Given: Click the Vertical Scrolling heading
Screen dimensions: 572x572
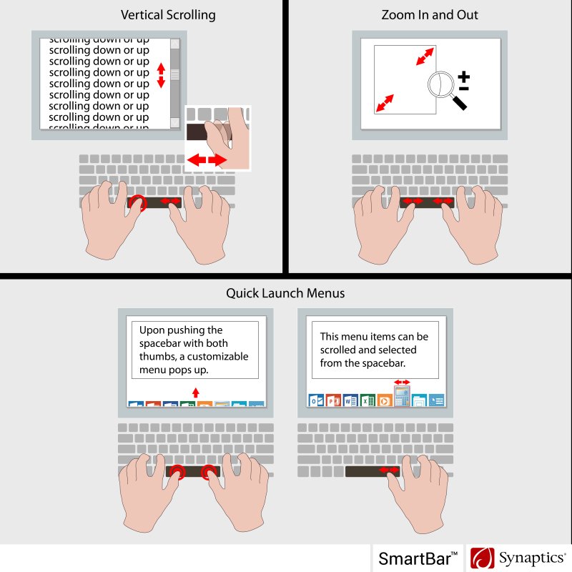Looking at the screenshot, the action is (x=168, y=15).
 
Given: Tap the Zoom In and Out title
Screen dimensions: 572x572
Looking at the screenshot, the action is (x=430, y=15).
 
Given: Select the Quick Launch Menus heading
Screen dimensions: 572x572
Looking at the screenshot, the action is (x=285, y=293).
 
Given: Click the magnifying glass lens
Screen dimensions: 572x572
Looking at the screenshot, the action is (x=440, y=84).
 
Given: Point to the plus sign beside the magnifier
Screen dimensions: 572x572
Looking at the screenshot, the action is (x=463, y=77).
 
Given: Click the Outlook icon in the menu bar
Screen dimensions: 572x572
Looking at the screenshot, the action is (x=316, y=400).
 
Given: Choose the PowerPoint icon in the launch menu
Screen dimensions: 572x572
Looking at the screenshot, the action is (x=333, y=400).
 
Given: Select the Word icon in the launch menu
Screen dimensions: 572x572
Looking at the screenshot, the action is (x=350, y=400).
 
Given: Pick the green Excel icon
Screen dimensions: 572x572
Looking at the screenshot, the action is (x=368, y=400).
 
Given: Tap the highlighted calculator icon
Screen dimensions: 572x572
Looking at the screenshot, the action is (x=402, y=396).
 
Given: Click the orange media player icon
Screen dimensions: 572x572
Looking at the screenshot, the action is (x=385, y=400).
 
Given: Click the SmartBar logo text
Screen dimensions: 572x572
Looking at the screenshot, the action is (x=418, y=558).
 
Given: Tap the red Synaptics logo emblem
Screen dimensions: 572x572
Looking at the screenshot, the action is (x=482, y=558).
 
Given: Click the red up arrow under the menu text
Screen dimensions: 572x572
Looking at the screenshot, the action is (x=196, y=392).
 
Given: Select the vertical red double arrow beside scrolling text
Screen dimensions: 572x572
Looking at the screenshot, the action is (x=161, y=76).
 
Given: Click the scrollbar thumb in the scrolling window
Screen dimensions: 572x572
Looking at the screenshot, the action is (x=175, y=74).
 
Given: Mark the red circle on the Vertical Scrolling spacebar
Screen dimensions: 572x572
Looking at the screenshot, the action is (x=138, y=203).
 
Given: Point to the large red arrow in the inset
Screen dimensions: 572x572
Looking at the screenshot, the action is (x=207, y=159).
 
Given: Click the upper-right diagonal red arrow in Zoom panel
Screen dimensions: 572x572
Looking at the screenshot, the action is (x=425, y=56).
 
